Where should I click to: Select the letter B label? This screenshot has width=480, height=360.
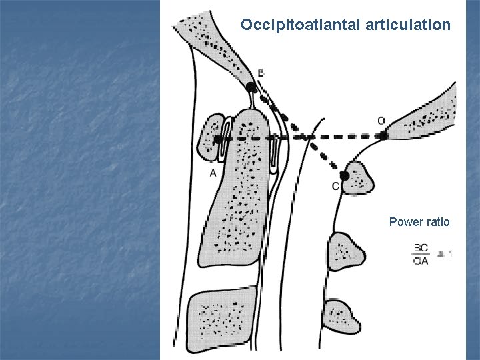click(x=260, y=72)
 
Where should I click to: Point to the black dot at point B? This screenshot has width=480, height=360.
click(x=251, y=87)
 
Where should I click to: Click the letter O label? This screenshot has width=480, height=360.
click(x=381, y=121)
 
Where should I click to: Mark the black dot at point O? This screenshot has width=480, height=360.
click(x=383, y=135)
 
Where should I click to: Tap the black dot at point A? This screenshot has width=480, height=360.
click(x=218, y=139)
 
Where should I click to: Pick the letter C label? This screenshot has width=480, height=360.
click(x=335, y=186)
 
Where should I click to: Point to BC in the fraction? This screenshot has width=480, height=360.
click(x=421, y=248)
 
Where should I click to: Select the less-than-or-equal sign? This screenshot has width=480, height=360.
click(x=439, y=254)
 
